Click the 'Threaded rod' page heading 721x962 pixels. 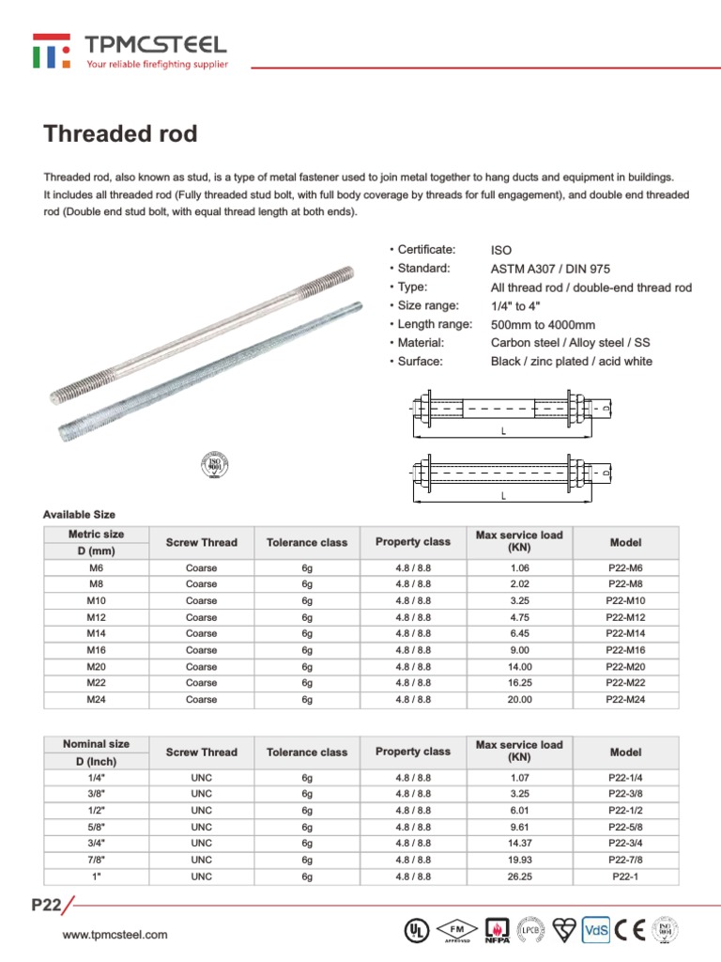coord(120,133)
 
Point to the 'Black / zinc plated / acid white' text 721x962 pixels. coord(571,362)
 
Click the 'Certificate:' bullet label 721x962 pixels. coord(425,250)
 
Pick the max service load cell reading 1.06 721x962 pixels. coord(519,568)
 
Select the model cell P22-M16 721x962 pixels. coord(625,649)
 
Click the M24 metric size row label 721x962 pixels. coord(97,700)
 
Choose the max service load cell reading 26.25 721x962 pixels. coord(519,877)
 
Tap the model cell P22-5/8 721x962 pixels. coord(625,827)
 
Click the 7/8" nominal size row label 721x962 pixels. coord(97,860)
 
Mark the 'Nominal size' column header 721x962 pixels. coord(97,743)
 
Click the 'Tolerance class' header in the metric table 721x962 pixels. coord(307,542)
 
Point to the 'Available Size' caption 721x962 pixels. coord(79,514)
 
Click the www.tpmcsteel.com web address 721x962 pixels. coord(115,935)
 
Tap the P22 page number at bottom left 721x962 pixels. coord(46,906)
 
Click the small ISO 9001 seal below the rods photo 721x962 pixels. coord(215,463)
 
